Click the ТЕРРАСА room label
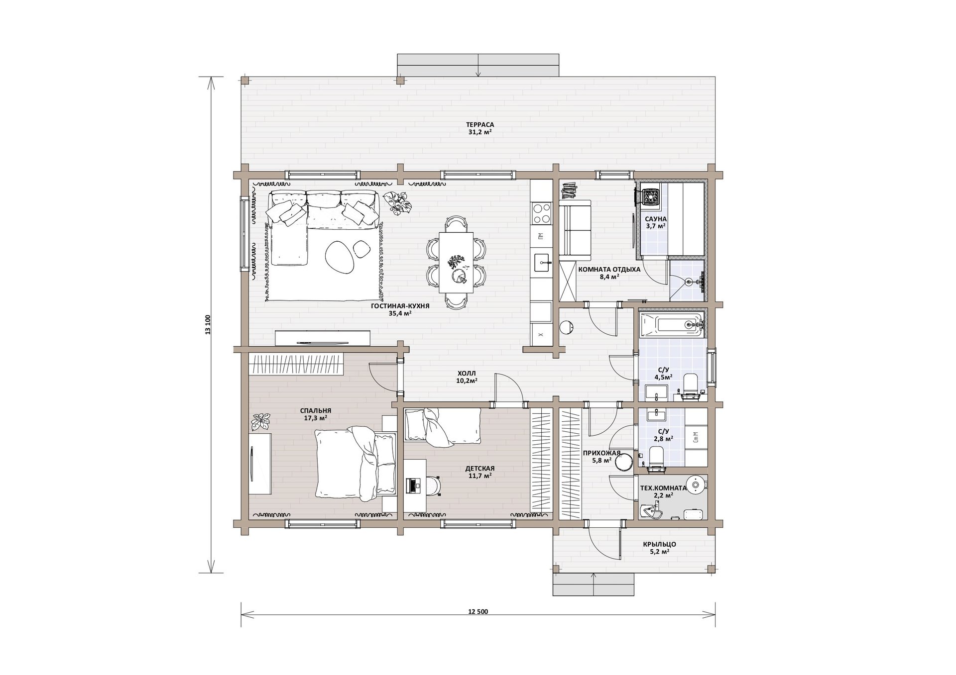point(479,124)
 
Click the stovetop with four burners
point(541,214)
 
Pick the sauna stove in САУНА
point(649,196)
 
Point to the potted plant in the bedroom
point(260,422)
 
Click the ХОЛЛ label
point(467,373)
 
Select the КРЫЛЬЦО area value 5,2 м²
point(659,552)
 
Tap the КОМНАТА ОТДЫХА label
point(609,269)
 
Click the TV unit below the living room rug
point(323,338)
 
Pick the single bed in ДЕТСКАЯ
point(442,426)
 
